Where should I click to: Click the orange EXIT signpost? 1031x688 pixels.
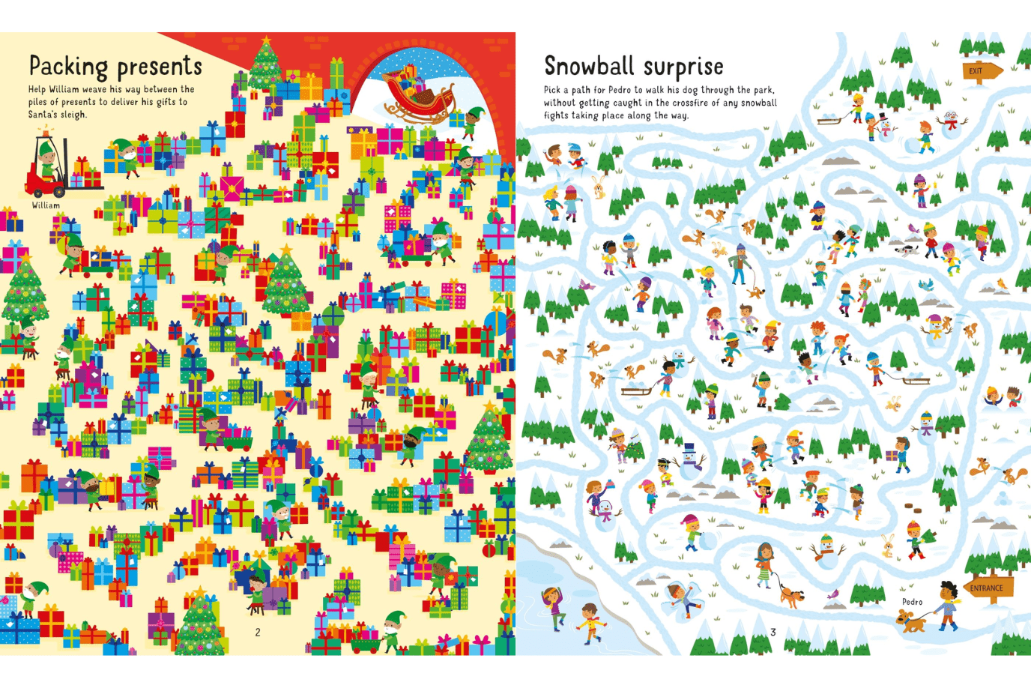click(981, 71)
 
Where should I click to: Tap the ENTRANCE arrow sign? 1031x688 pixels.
click(988, 588)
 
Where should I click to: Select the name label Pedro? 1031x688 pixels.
click(912, 602)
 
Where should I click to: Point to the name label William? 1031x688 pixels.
click(46, 205)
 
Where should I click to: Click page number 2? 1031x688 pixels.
click(258, 633)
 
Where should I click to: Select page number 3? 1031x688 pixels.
click(773, 633)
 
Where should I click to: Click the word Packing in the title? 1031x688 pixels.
click(68, 67)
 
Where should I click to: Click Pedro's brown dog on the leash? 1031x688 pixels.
click(910, 620)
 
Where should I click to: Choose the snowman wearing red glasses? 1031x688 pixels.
click(950, 121)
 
